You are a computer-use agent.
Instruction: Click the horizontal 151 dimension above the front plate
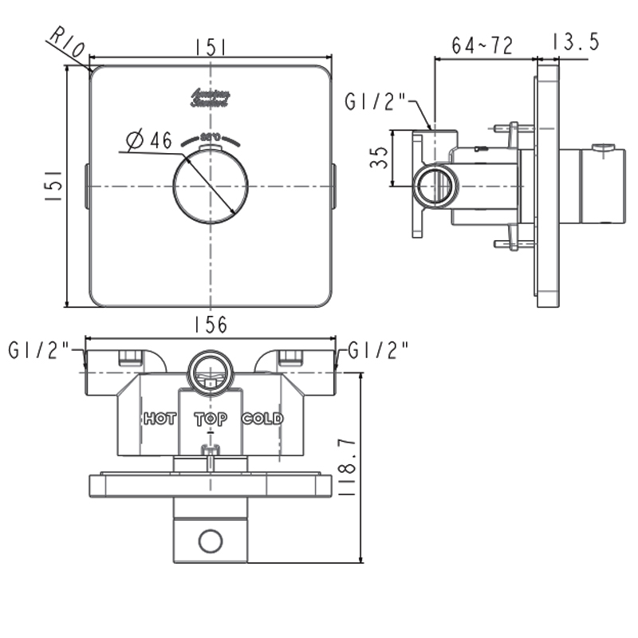(210, 48)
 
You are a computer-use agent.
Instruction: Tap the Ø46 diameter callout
(150, 141)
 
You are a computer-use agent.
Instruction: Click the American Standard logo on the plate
(211, 98)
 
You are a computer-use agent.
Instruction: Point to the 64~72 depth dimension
(482, 45)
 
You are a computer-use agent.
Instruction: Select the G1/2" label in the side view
(376, 102)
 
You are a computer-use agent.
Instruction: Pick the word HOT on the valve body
(160, 419)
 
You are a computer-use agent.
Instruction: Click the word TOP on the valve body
(211, 419)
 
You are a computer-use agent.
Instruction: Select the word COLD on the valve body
(262, 419)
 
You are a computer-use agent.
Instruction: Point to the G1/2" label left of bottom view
(41, 350)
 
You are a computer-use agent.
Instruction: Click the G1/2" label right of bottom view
(379, 350)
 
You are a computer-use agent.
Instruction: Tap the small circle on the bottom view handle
(211, 542)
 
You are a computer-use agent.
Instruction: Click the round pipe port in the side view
(436, 186)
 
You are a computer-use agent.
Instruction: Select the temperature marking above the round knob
(211, 136)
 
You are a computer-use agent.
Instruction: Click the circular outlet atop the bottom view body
(211, 370)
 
